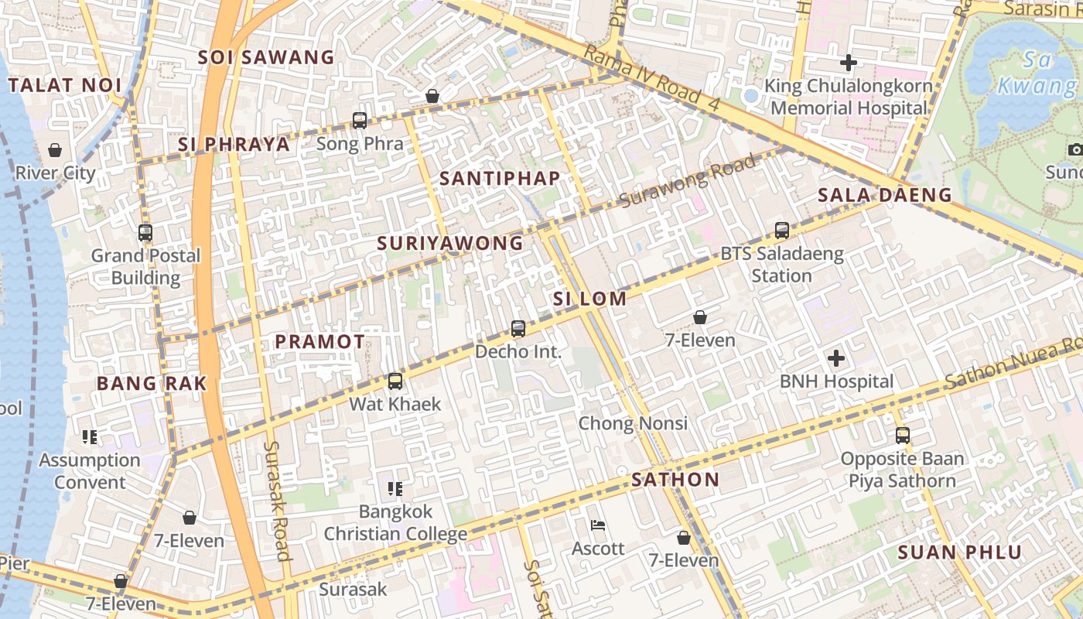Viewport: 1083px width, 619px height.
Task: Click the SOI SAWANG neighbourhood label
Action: [266, 57]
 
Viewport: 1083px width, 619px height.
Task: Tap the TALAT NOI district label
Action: [65, 85]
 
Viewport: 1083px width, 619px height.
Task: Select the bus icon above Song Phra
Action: [360, 121]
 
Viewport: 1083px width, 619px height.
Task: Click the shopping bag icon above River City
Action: [55, 150]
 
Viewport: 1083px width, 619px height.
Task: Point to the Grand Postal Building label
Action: [145, 266]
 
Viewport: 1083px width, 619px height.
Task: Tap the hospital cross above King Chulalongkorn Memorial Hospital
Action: [849, 63]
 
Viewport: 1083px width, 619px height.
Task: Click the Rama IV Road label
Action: [651, 76]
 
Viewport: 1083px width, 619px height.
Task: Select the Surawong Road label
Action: [688, 181]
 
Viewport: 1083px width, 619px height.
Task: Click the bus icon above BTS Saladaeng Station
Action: [782, 231]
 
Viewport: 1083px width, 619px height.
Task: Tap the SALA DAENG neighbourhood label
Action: [884, 195]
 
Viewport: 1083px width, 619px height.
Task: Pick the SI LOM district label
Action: [589, 299]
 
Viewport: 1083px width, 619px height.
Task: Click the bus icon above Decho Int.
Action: [518, 329]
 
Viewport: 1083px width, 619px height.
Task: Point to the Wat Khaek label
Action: [395, 404]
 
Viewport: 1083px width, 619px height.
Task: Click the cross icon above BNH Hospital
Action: [835, 358]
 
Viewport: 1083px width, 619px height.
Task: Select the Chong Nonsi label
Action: [633, 423]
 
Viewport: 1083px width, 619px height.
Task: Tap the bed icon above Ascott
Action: [598, 525]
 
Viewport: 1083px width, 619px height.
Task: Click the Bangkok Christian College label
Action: [395, 523]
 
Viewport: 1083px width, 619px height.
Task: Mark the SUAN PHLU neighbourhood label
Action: [959, 552]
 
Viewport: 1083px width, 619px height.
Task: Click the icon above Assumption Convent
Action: [90, 437]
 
